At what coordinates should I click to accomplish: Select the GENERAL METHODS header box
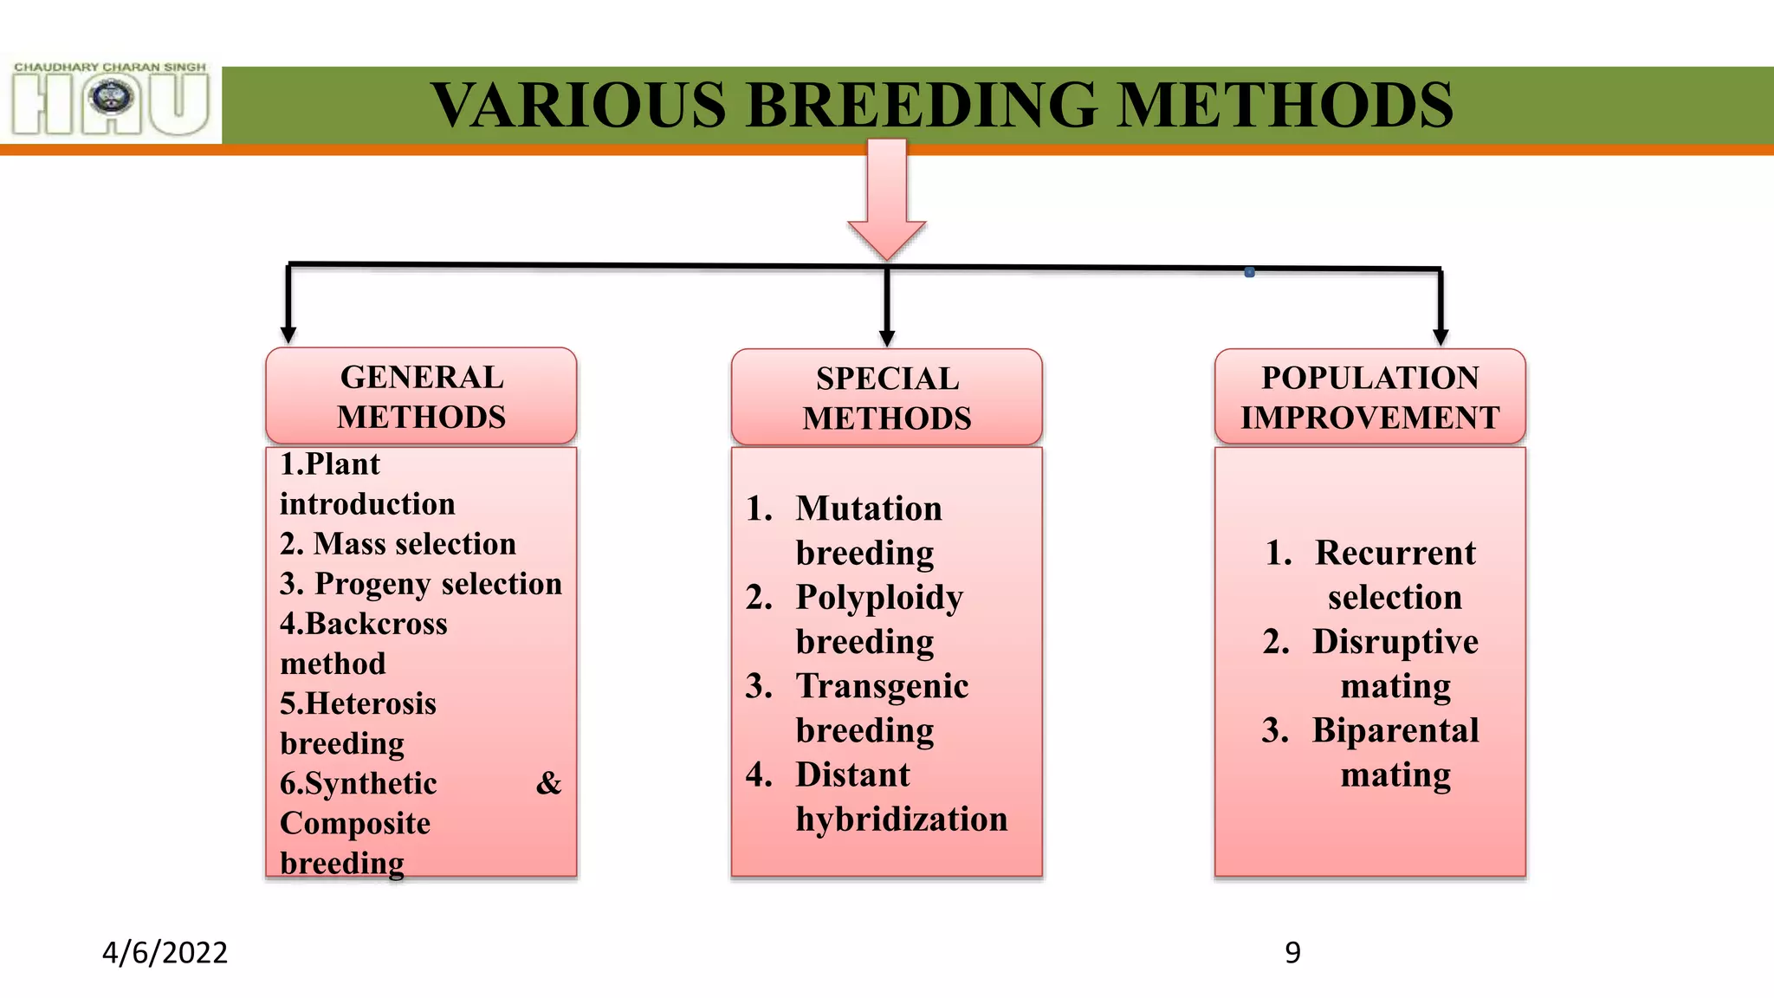[421, 397]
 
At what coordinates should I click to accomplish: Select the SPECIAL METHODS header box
[886, 399]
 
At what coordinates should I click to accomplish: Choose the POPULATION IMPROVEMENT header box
[1369, 398]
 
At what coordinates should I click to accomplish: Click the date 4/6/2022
[165, 952]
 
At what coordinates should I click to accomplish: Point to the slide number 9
[1292, 952]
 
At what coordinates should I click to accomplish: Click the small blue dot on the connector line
[1249, 272]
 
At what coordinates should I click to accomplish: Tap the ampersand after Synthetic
[548, 783]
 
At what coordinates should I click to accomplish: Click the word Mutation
[869, 509]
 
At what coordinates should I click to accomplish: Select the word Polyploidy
[879, 598]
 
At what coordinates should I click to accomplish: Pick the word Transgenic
[882, 686]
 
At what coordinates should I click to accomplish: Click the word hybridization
[902, 820]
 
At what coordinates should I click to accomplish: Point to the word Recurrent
[1395, 553]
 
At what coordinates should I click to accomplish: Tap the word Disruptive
[1395, 642]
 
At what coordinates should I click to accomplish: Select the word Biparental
[1395, 730]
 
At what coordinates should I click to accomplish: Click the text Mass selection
[414, 544]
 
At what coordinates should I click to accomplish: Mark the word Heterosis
[371, 703]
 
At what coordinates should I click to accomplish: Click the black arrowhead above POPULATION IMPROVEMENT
[1441, 337]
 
